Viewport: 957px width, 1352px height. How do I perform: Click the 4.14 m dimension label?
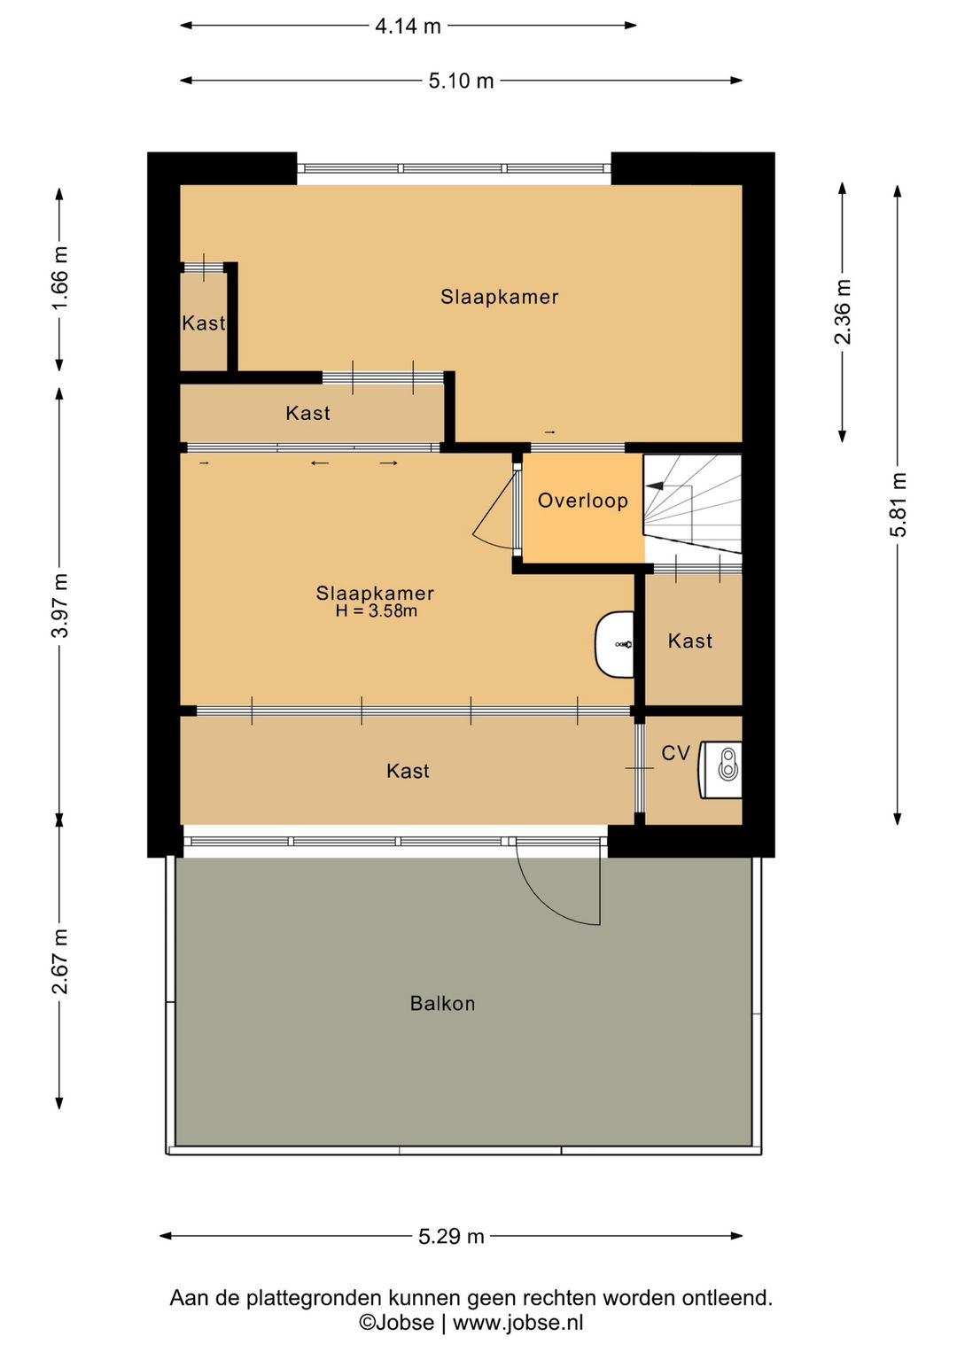click(x=408, y=26)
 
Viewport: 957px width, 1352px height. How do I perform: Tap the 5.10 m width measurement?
click(x=461, y=81)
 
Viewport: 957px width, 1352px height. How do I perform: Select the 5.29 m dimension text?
click(x=451, y=1237)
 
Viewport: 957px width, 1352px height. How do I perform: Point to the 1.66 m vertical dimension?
click(x=60, y=277)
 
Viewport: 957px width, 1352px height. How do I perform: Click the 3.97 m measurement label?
click(x=60, y=605)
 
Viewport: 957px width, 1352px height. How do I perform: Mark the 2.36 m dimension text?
click(x=843, y=312)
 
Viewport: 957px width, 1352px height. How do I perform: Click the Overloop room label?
click(x=583, y=501)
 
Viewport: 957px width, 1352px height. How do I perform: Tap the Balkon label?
click(x=442, y=1003)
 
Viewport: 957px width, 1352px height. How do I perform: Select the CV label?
click(x=675, y=753)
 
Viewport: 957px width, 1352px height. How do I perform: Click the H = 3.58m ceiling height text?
click(x=377, y=610)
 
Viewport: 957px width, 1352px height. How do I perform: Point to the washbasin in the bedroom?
click(x=615, y=644)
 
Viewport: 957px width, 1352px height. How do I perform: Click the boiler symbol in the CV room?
click(x=720, y=770)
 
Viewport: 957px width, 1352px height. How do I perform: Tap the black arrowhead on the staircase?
click(x=655, y=486)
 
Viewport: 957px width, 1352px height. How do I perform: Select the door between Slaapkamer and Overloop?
click(x=497, y=509)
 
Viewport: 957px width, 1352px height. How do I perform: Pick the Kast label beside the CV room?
click(x=690, y=641)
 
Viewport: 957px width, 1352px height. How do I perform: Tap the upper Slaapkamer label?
click(x=500, y=297)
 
